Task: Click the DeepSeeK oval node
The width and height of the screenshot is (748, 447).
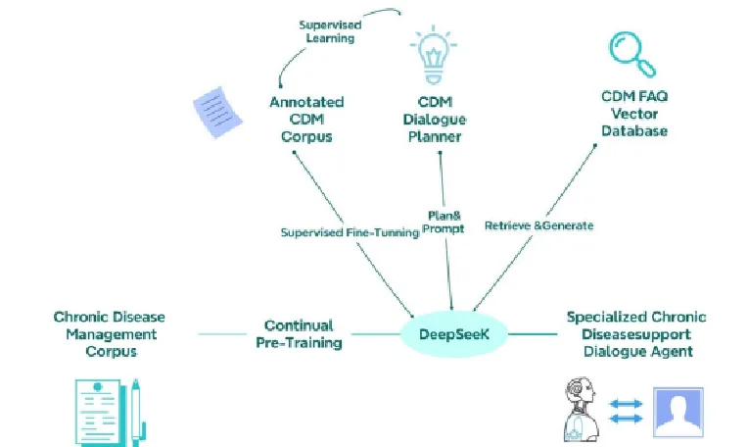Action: (x=453, y=334)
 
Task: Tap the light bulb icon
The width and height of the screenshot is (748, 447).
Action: (x=433, y=55)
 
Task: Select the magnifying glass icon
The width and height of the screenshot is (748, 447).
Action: (x=632, y=54)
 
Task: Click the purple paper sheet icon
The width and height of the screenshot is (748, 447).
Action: (x=217, y=112)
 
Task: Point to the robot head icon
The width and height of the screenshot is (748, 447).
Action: (x=582, y=409)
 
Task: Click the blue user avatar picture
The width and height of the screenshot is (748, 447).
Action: (x=678, y=412)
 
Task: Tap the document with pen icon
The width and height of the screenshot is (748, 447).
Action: (x=111, y=413)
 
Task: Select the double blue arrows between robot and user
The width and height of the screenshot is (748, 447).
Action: (x=626, y=411)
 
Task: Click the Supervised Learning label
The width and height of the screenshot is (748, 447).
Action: (x=330, y=31)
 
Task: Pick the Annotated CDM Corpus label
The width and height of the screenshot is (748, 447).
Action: (x=306, y=119)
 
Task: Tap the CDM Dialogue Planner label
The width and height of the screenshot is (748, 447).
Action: (x=435, y=119)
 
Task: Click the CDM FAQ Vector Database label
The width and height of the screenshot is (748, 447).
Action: (x=634, y=114)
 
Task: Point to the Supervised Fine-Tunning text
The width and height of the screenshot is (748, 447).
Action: (x=351, y=232)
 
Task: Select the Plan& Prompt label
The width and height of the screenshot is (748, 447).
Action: (x=444, y=223)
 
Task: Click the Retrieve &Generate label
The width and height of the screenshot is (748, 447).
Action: (x=539, y=225)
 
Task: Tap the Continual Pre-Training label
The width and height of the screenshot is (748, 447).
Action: (x=300, y=334)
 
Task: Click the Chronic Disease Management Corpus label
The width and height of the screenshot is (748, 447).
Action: (x=110, y=334)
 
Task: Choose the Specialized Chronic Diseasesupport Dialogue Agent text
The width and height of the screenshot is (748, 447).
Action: (x=636, y=334)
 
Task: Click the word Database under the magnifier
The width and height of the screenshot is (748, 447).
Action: (x=634, y=130)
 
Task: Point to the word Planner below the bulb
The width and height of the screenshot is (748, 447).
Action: (x=435, y=136)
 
